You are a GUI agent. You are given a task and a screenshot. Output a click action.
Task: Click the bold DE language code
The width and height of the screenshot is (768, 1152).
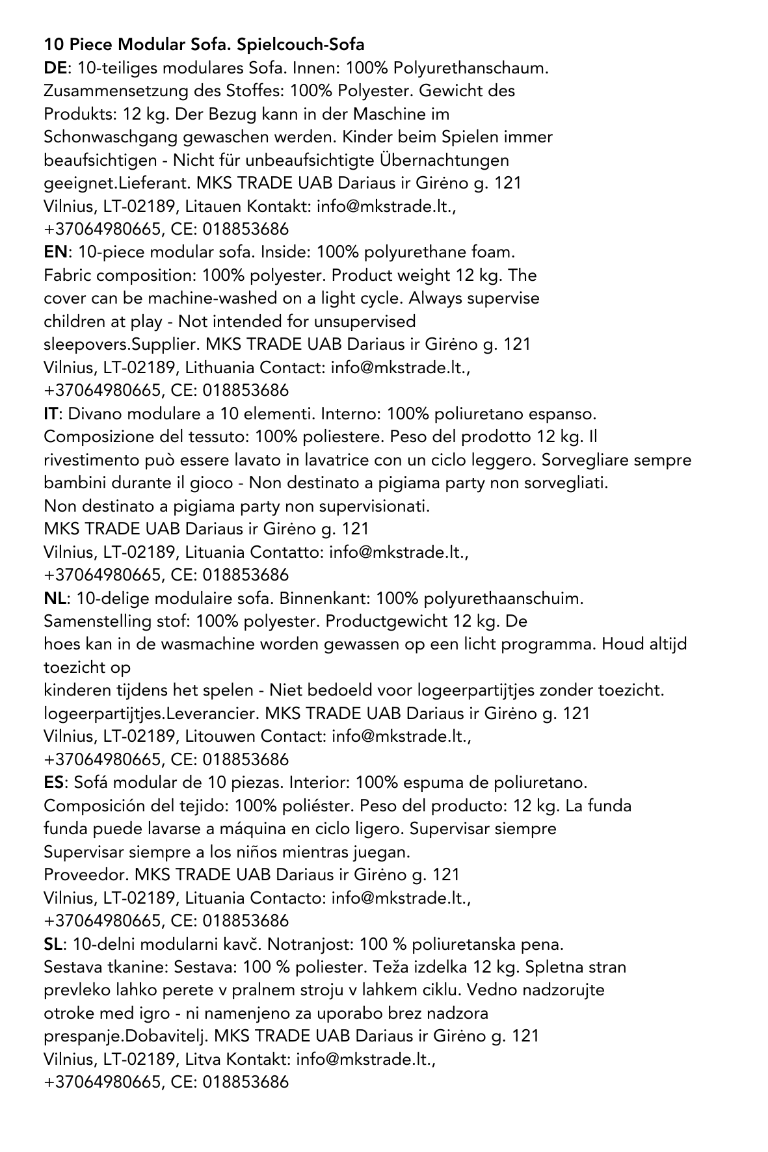point(55,68)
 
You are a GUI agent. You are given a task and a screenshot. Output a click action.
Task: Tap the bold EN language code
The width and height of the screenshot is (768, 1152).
point(55,252)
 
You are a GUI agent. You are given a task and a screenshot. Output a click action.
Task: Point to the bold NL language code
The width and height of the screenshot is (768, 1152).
point(55,598)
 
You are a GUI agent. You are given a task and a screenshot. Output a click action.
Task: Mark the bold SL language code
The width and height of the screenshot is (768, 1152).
point(54,943)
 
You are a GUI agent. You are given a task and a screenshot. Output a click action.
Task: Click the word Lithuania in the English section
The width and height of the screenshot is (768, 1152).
point(220,367)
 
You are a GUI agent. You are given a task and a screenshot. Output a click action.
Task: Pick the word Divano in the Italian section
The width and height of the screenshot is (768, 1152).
point(92,413)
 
